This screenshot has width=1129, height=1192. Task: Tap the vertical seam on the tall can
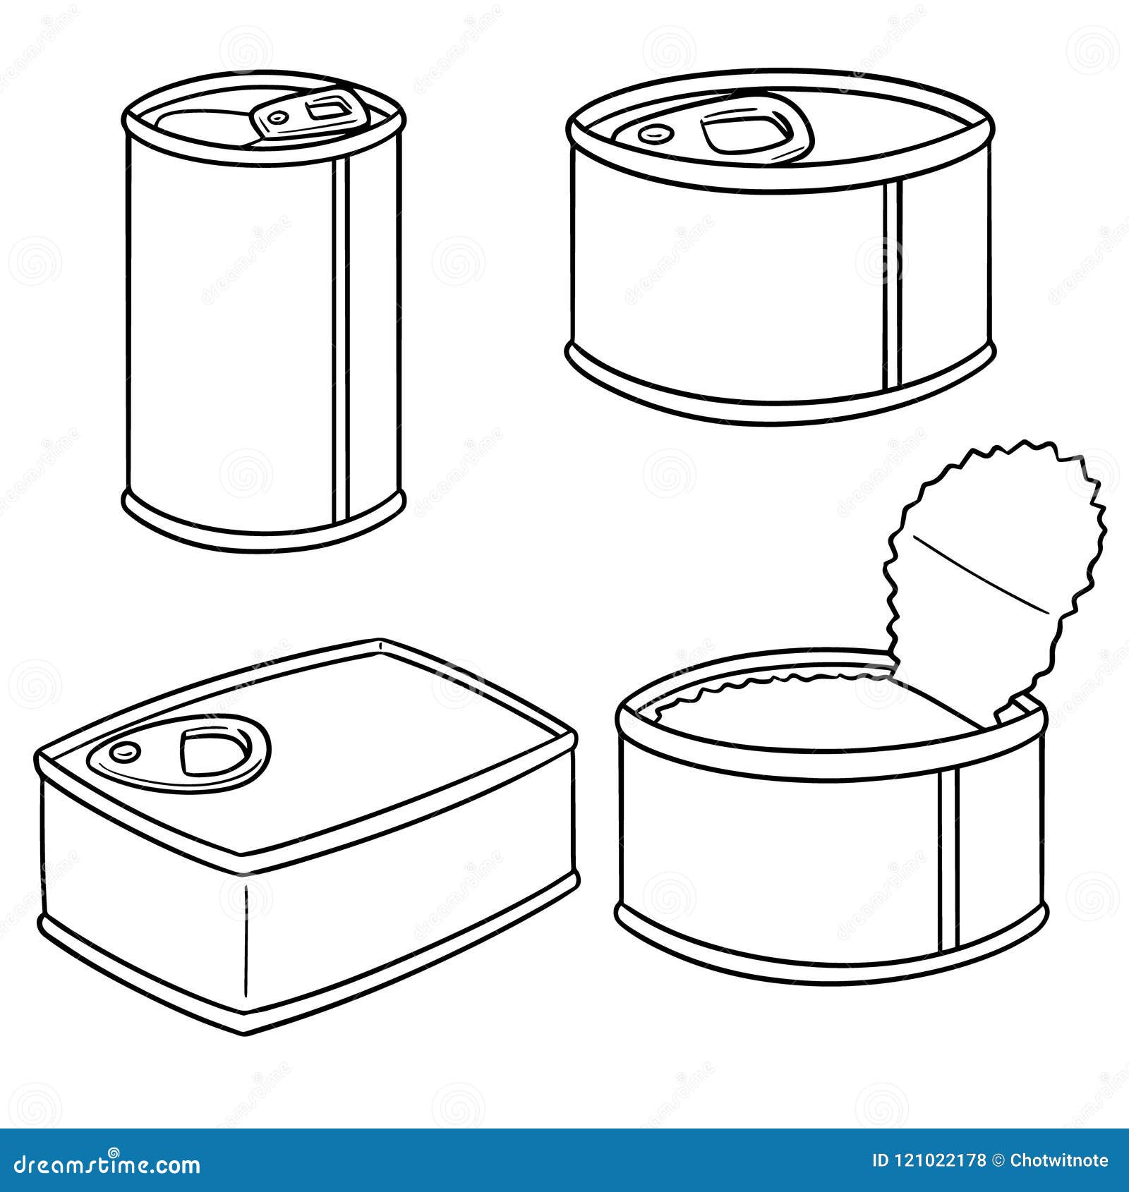pyautogui.click(x=342, y=339)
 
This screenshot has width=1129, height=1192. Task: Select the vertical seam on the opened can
pyautogui.click(x=949, y=860)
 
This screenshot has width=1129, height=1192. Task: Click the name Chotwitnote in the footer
pyautogui.click(x=1058, y=1160)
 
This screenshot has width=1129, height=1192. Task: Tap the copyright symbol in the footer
pyautogui.click(x=998, y=1160)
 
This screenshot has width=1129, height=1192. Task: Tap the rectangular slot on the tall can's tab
pyautogui.click(x=326, y=110)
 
